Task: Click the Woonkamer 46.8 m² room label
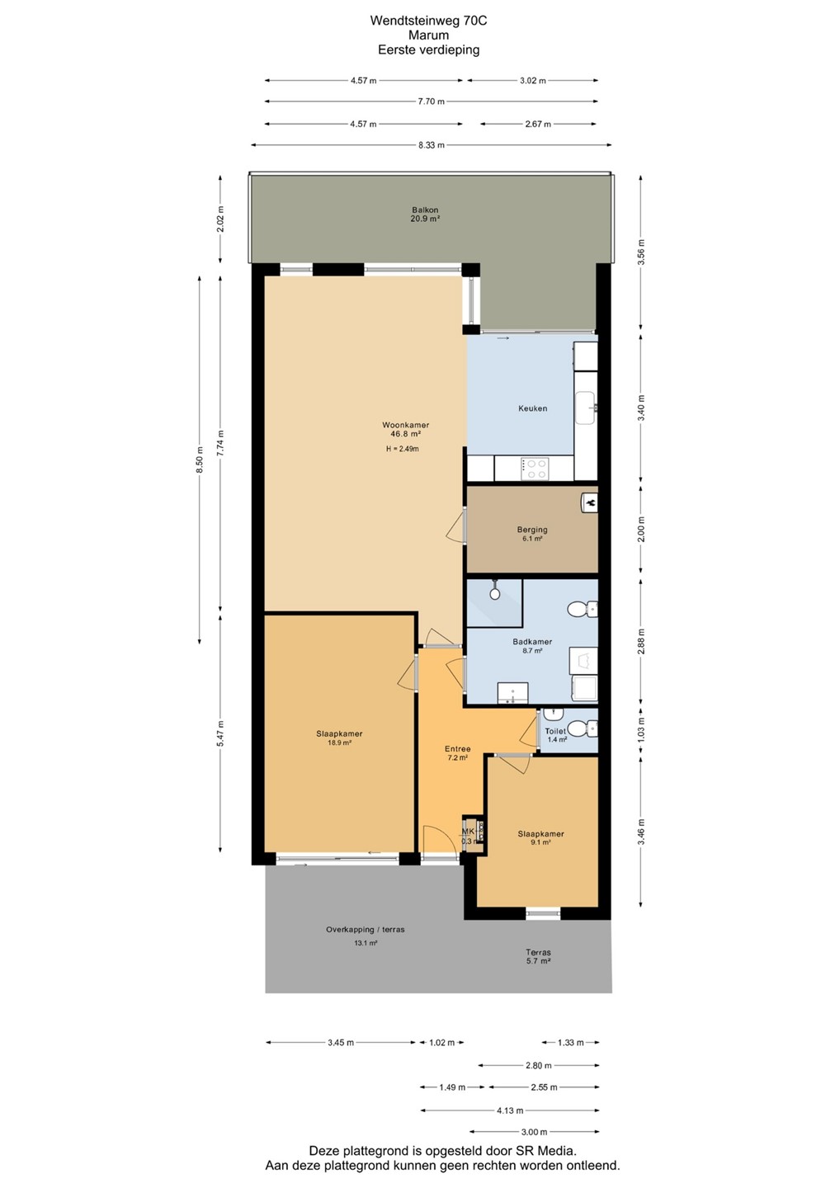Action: point(405,429)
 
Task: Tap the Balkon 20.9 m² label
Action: point(425,214)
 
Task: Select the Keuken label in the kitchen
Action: point(532,408)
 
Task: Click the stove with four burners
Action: point(535,469)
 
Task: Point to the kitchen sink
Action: point(588,408)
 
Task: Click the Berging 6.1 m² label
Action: point(532,534)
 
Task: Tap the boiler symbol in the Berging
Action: point(590,502)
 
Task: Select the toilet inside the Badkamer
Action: point(582,609)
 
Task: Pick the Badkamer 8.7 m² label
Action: point(532,645)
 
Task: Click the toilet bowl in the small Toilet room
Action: point(582,729)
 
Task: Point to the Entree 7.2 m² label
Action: point(457,753)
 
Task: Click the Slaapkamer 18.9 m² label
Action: point(339,738)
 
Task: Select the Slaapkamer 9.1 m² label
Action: point(540,838)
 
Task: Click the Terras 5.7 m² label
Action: point(538,956)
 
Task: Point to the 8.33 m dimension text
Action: point(431,145)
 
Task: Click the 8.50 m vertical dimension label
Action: point(200,461)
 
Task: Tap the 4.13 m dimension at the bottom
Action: point(510,1110)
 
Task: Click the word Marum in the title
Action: point(428,35)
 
